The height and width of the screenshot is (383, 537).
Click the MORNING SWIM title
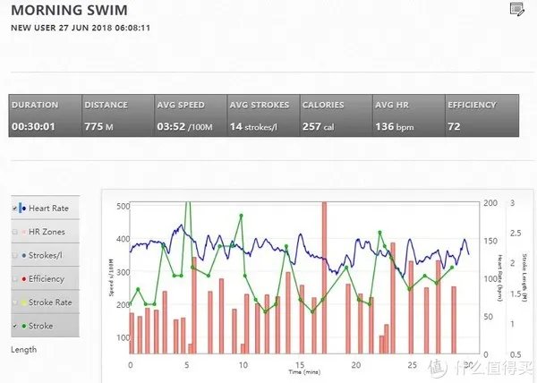(69, 12)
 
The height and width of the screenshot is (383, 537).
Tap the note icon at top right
(516, 10)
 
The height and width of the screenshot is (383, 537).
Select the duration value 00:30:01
(33, 127)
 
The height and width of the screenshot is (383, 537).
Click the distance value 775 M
(98, 127)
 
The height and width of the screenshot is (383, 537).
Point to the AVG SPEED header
(180, 105)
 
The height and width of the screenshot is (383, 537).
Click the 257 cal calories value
(318, 127)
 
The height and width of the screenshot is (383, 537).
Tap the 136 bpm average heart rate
(396, 127)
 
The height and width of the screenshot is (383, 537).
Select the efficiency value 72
(454, 127)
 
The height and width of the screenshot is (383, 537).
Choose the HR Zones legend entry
(47, 233)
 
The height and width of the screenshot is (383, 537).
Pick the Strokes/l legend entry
(47, 256)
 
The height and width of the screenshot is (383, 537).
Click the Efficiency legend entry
(47, 279)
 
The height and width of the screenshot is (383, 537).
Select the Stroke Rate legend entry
(49, 302)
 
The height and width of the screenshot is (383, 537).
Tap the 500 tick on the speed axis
(124, 206)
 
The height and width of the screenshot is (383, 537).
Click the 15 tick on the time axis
(300, 364)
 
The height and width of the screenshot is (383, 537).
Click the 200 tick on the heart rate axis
(488, 204)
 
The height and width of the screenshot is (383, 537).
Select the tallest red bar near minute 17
(324, 277)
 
